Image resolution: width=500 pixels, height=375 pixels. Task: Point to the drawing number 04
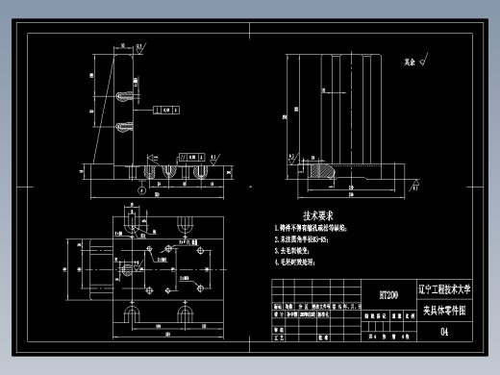(443, 333)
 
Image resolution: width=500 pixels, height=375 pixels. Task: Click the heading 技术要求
(317, 216)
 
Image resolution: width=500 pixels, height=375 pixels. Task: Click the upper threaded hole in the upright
(124, 96)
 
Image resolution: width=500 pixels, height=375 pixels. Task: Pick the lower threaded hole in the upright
(124, 127)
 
